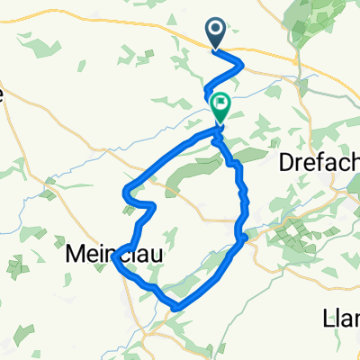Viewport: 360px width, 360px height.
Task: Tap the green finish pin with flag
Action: pos(220,107)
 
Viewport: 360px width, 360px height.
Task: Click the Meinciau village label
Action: pos(115,256)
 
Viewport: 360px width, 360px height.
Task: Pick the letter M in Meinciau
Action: pos(77,256)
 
